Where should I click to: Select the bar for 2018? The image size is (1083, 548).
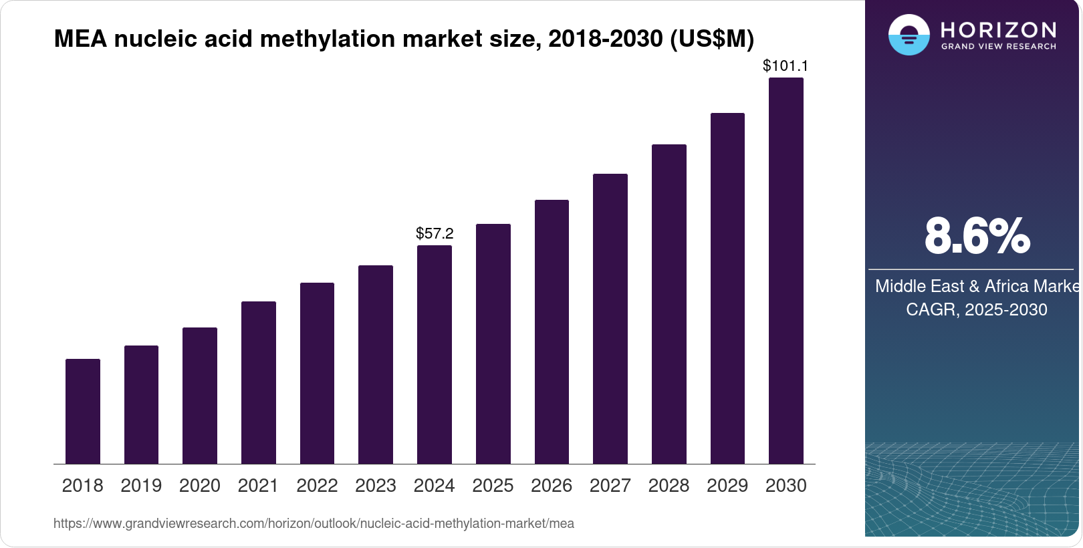point(83,411)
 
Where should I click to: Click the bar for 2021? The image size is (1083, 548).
point(259,382)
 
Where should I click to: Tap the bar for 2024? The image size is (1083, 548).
point(435,354)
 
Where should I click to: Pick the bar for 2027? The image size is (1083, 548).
point(610,319)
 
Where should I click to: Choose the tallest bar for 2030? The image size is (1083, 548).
point(786,271)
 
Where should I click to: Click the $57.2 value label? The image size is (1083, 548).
point(435,233)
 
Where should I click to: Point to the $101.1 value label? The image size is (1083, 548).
point(786,65)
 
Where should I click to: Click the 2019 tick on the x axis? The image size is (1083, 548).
point(141,486)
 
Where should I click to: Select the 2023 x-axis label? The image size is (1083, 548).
point(376,486)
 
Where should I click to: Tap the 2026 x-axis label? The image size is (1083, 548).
point(552,486)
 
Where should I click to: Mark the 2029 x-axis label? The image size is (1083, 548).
point(727,486)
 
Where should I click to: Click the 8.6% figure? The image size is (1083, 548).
point(977,236)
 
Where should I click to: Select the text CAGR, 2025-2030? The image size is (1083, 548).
point(976,309)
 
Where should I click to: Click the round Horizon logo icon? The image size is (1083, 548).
point(909,35)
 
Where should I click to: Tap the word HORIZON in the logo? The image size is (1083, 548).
point(998,29)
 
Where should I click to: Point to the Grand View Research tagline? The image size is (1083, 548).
point(998,47)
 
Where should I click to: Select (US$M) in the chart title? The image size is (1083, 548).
point(712,39)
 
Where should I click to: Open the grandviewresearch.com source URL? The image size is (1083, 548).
point(314,523)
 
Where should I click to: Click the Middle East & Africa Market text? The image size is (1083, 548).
point(977,286)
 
